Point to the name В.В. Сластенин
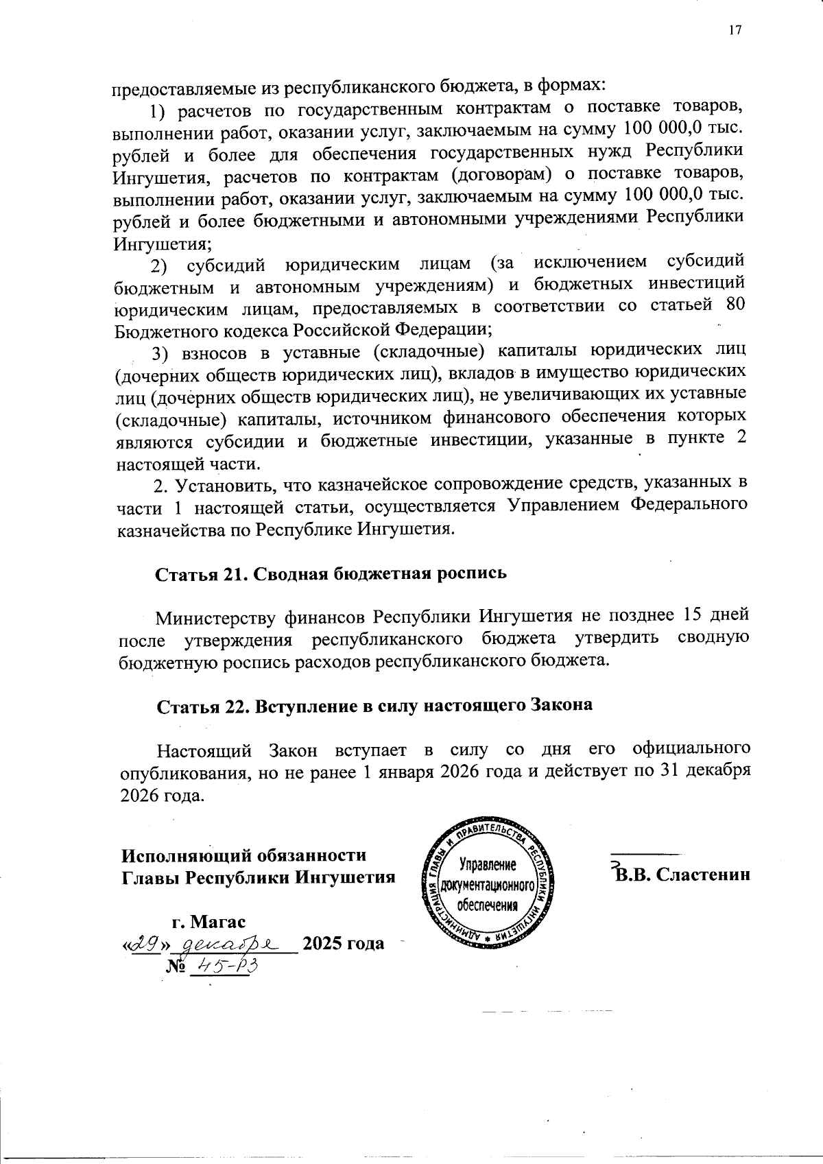click(682, 875)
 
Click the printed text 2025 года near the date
click(343, 944)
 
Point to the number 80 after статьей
click(735, 305)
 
